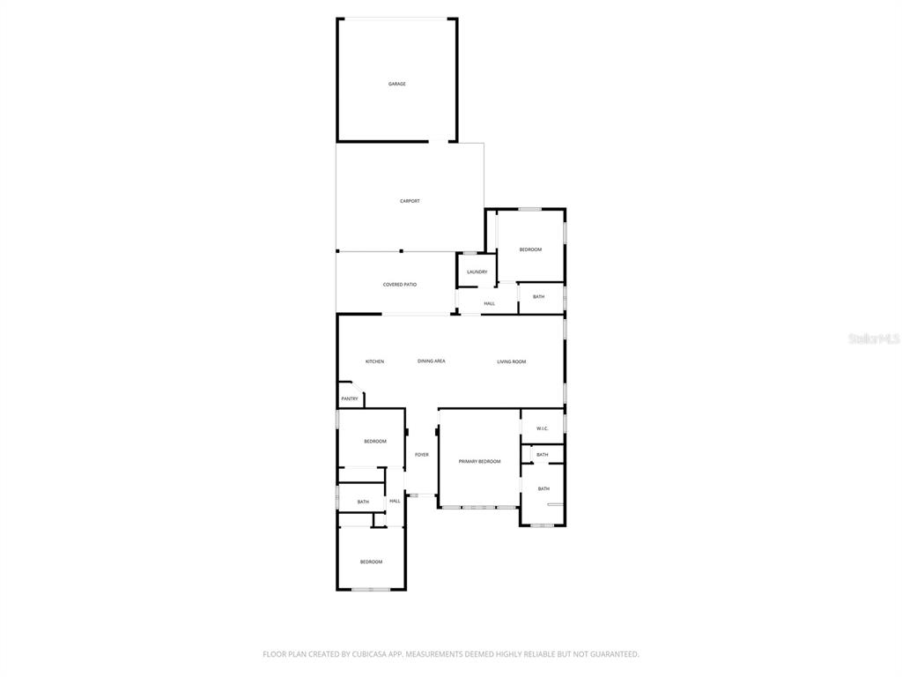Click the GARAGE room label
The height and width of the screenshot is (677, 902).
(x=397, y=84)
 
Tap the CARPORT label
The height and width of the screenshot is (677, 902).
(x=410, y=201)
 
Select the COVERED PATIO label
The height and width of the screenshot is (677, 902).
(x=400, y=285)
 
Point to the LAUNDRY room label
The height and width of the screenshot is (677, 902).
(x=477, y=272)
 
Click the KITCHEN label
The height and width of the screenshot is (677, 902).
(x=375, y=361)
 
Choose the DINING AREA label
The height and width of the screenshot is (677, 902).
(x=432, y=361)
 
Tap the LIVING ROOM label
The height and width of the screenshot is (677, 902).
(x=511, y=361)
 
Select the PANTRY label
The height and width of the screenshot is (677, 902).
(x=350, y=398)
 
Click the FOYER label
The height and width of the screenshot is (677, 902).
(x=422, y=455)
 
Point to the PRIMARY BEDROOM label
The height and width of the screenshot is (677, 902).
(x=479, y=462)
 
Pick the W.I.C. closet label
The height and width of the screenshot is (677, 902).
(x=542, y=429)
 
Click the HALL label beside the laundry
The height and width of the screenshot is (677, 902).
(x=489, y=303)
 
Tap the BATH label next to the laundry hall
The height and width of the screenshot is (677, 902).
(x=538, y=297)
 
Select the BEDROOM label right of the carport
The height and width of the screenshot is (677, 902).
(x=530, y=249)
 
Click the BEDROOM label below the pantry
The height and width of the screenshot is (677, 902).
(x=375, y=441)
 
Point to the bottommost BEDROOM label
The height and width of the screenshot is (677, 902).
(x=371, y=562)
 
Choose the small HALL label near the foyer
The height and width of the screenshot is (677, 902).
(x=395, y=501)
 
